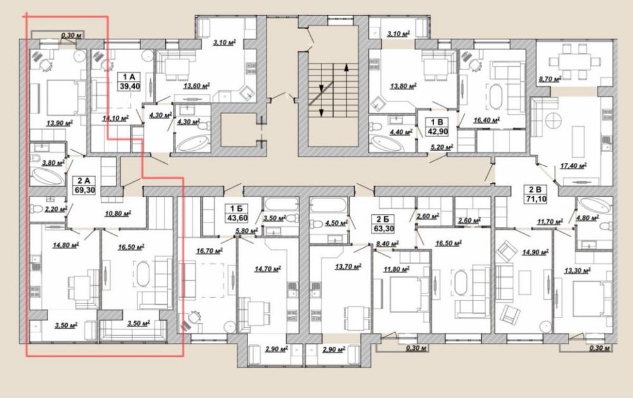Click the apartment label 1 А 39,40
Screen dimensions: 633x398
click(129, 81)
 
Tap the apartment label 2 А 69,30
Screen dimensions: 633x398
click(84, 185)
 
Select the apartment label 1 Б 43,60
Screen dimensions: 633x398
click(237, 214)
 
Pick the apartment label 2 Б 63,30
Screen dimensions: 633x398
click(383, 224)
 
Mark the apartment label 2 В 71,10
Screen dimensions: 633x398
click(536, 195)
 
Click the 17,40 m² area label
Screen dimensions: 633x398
click(573, 165)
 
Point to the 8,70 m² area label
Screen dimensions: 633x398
click(549, 80)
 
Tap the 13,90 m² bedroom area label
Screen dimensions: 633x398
click(60, 123)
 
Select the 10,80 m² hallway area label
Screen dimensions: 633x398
click(118, 214)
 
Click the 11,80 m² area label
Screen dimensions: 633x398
click(396, 269)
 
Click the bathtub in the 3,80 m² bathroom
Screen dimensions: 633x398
click(47, 177)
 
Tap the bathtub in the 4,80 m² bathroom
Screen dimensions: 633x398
click(594, 206)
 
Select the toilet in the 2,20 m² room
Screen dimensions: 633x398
click(36, 209)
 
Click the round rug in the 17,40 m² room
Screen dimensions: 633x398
click(553, 121)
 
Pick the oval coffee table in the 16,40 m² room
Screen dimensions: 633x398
click(496, 96)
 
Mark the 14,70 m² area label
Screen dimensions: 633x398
click(268, 269)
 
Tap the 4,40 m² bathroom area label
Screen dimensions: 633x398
click(401, 132)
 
